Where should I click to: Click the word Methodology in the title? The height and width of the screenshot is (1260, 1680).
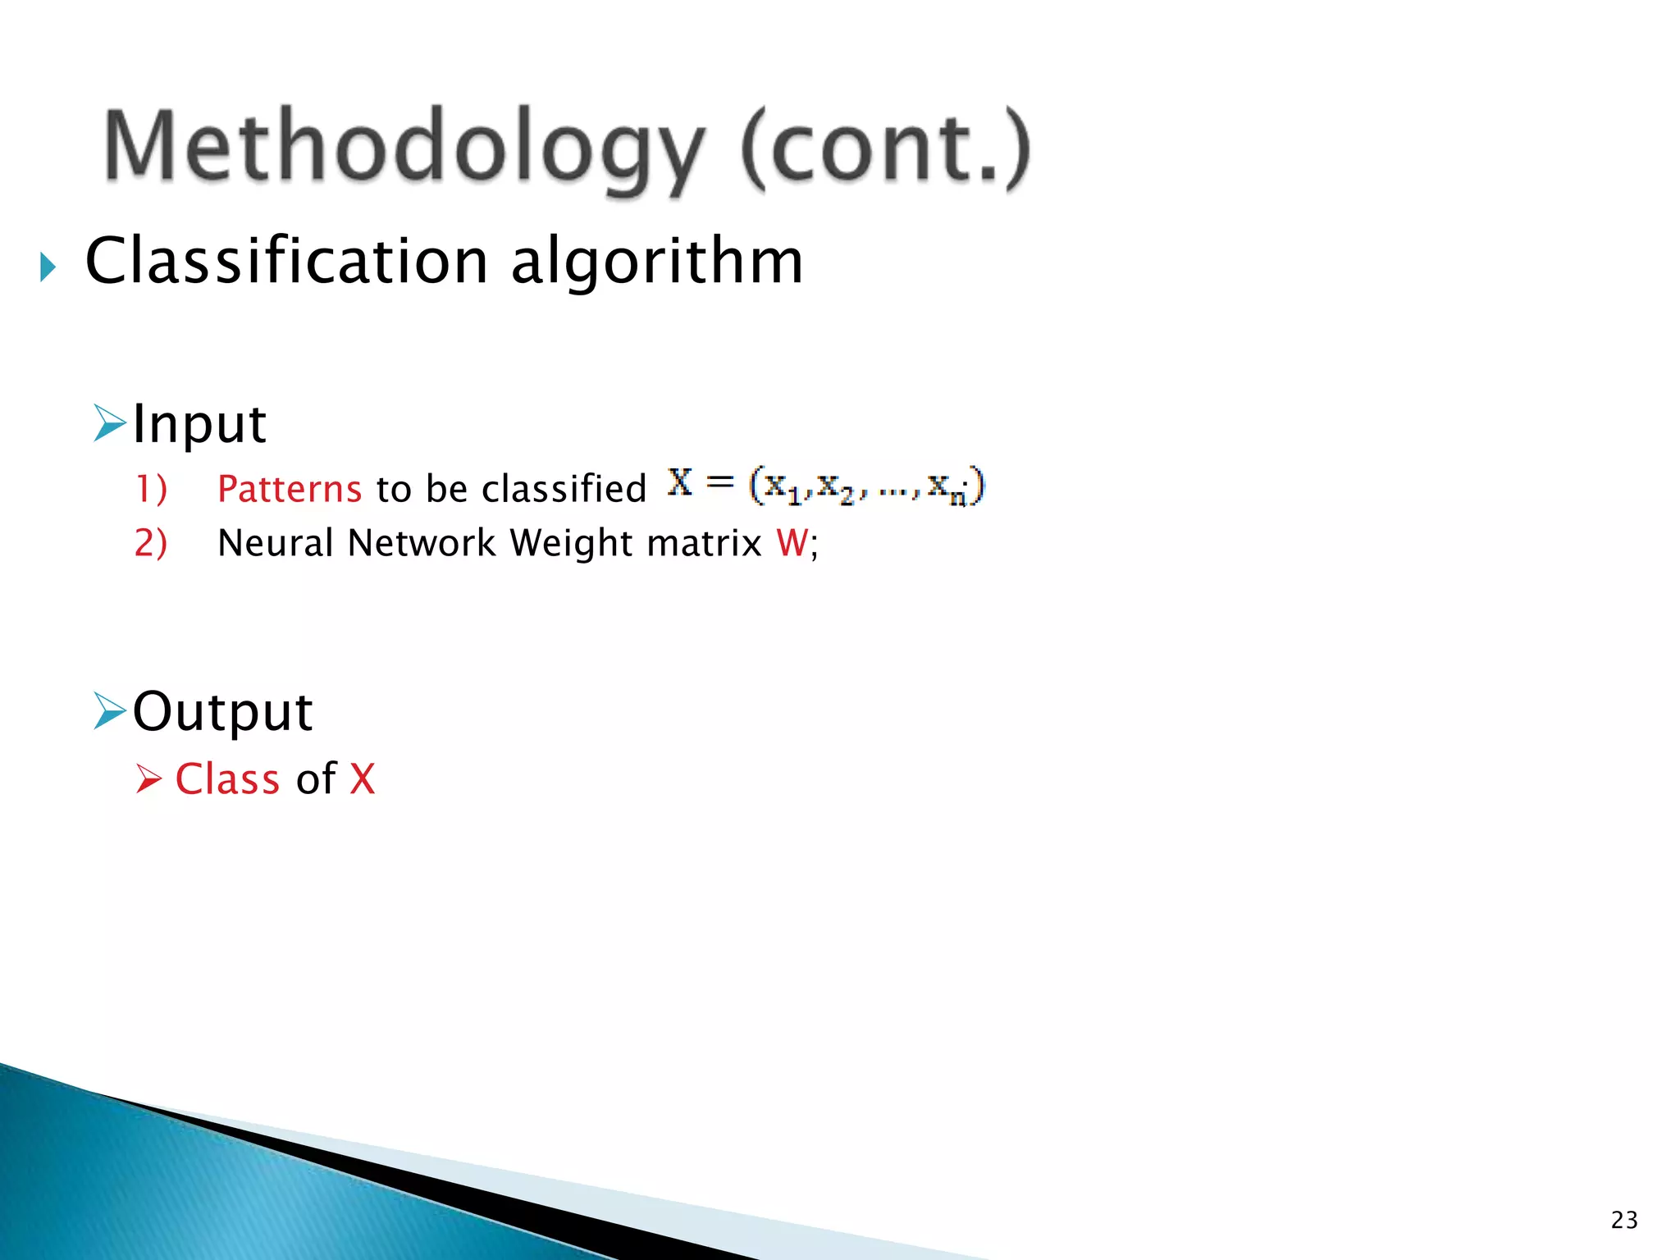[404, 148]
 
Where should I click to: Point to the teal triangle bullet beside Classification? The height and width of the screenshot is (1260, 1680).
[48, 267]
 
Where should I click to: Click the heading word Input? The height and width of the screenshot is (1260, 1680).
[199, 424]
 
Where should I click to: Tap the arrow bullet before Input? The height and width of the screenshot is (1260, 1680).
[109, 422]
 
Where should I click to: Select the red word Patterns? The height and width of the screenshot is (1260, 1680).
[289, 489]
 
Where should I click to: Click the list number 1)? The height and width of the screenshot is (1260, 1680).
[151, 489]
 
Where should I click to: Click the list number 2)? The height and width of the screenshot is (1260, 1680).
[151, 543]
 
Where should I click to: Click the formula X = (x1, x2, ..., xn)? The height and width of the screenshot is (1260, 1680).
[825, 486]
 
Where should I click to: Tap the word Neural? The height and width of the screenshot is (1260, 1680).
[276, 543]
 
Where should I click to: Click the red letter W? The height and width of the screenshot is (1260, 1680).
[792, 543]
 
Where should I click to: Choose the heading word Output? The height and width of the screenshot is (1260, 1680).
[222, 711]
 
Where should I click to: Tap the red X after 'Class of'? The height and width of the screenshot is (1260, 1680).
[362, 778]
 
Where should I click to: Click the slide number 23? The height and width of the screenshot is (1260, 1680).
[1624, 1220]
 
